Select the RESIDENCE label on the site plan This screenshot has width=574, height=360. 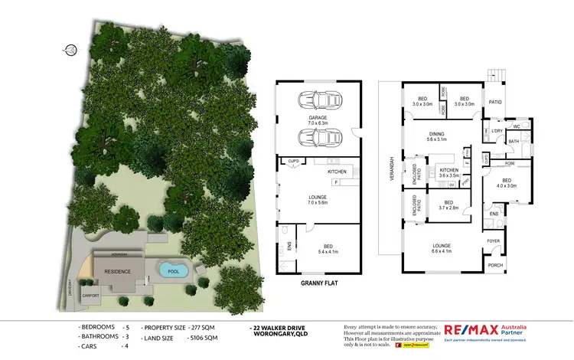pyautogui.click(x=118, y=271)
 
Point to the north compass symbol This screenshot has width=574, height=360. pyautogui.click(x=70, y=51)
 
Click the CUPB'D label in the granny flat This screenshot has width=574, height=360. pyautogui.click(x=292, y=161)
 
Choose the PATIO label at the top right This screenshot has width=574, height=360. pyautogui.click(x=495, y=100)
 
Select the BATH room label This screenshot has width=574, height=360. pyautogui.click(x=514, y=141)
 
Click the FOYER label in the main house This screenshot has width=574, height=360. pyautogui.click(x=494, y=241)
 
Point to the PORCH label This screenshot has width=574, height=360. pyautogui.click(x=494, y=266)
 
